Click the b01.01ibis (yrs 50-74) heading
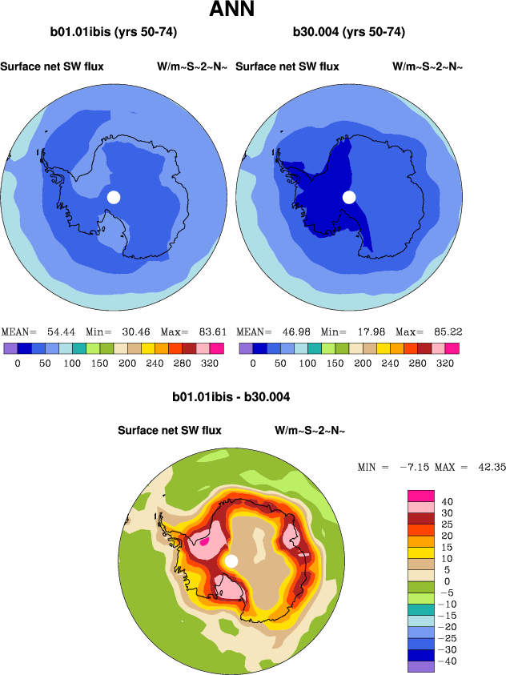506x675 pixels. [x=114, y=33]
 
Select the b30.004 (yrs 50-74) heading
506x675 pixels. [x=348, y=33]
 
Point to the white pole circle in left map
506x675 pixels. [x=114, y=197]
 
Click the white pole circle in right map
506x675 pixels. [x=349, y=197]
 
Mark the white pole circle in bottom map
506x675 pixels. [x=231, y=561]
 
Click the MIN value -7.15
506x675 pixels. [x=414, y=467]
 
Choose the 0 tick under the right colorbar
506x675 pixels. [x=252, y=363]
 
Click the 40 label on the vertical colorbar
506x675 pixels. [x=447, y=501]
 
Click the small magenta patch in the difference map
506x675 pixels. [x=204, y=540]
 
